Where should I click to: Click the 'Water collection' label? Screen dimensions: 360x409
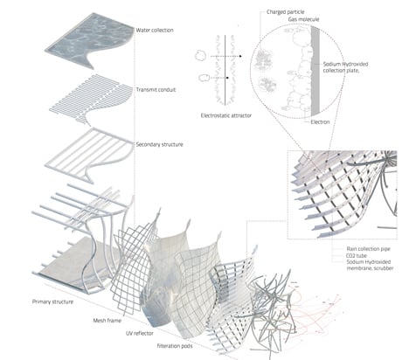click(x=156, y=31)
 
